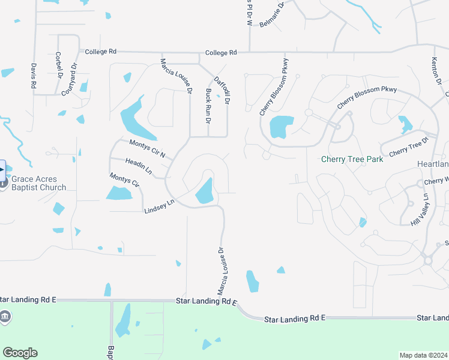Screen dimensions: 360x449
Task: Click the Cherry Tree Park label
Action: click(x=352, y=160)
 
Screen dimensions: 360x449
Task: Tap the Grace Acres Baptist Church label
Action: click(x=39, y=183)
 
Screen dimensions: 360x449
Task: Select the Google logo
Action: click(x=20, y=353)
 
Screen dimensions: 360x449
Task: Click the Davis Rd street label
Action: click(x=33, y=76)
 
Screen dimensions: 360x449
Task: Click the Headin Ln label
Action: click(x=139, y=167)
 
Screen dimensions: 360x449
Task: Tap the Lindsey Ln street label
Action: click(x=159, y=206)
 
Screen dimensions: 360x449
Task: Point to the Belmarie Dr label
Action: click(x=271, y=14)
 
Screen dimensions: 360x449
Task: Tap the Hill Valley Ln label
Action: click(x=421, y=209)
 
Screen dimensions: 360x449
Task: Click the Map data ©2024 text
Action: click(x=424, y=355)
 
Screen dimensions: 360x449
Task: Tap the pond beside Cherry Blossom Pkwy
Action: click(x=281, y=127)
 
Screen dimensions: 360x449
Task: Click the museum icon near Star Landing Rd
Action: click(x=4, y=316)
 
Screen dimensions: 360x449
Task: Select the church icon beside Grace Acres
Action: click(x=4, y=182)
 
